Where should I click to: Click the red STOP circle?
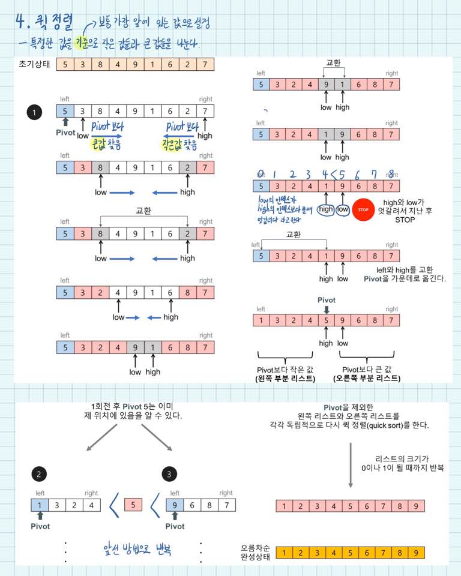(x=363, y=209)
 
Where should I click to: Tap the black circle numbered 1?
(x=35, y=112)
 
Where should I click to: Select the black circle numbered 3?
(x=170, y=474)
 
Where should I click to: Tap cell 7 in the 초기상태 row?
(x=205, y=65)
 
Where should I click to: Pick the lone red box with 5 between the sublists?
(x=133, y=505)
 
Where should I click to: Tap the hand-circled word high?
(x=326, y=209)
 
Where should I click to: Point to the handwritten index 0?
(x=261, y=175)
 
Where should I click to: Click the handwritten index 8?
(x=391, y=175)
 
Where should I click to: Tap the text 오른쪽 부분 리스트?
(x=367, y=378)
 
